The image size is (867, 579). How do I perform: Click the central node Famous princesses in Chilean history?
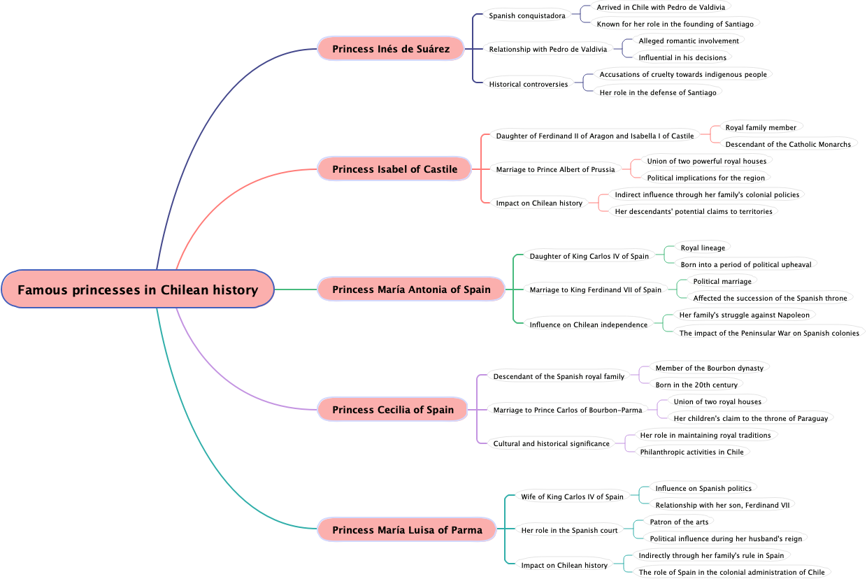point(138,289)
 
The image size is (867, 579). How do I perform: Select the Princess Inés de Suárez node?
point(391,49)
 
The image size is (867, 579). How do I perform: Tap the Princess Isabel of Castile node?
point(394,169)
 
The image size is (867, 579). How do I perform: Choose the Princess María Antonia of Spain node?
point(411,289)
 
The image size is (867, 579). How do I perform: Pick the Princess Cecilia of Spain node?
point(393,410)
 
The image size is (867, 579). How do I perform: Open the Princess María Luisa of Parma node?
point(407,530)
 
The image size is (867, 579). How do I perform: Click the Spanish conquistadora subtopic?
point(527,15)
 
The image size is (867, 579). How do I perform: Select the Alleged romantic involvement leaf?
point(689,41)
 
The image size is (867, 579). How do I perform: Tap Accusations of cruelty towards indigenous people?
point(683,74)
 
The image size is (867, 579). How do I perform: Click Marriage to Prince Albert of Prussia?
point(555,169)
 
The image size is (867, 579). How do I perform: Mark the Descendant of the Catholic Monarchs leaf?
point(788,144)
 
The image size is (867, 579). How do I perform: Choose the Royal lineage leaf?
point(703,248)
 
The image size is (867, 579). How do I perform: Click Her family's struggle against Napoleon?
point(744,315)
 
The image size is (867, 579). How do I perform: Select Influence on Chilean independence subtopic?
point(588,324)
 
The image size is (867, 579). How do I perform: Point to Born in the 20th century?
point(696,385)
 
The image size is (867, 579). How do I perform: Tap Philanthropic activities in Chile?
point(692,452)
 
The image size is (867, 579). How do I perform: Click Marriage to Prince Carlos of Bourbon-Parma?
point(567,410)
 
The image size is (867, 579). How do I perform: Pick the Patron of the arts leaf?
point(679,522)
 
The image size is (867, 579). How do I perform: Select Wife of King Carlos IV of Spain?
point(572,496)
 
